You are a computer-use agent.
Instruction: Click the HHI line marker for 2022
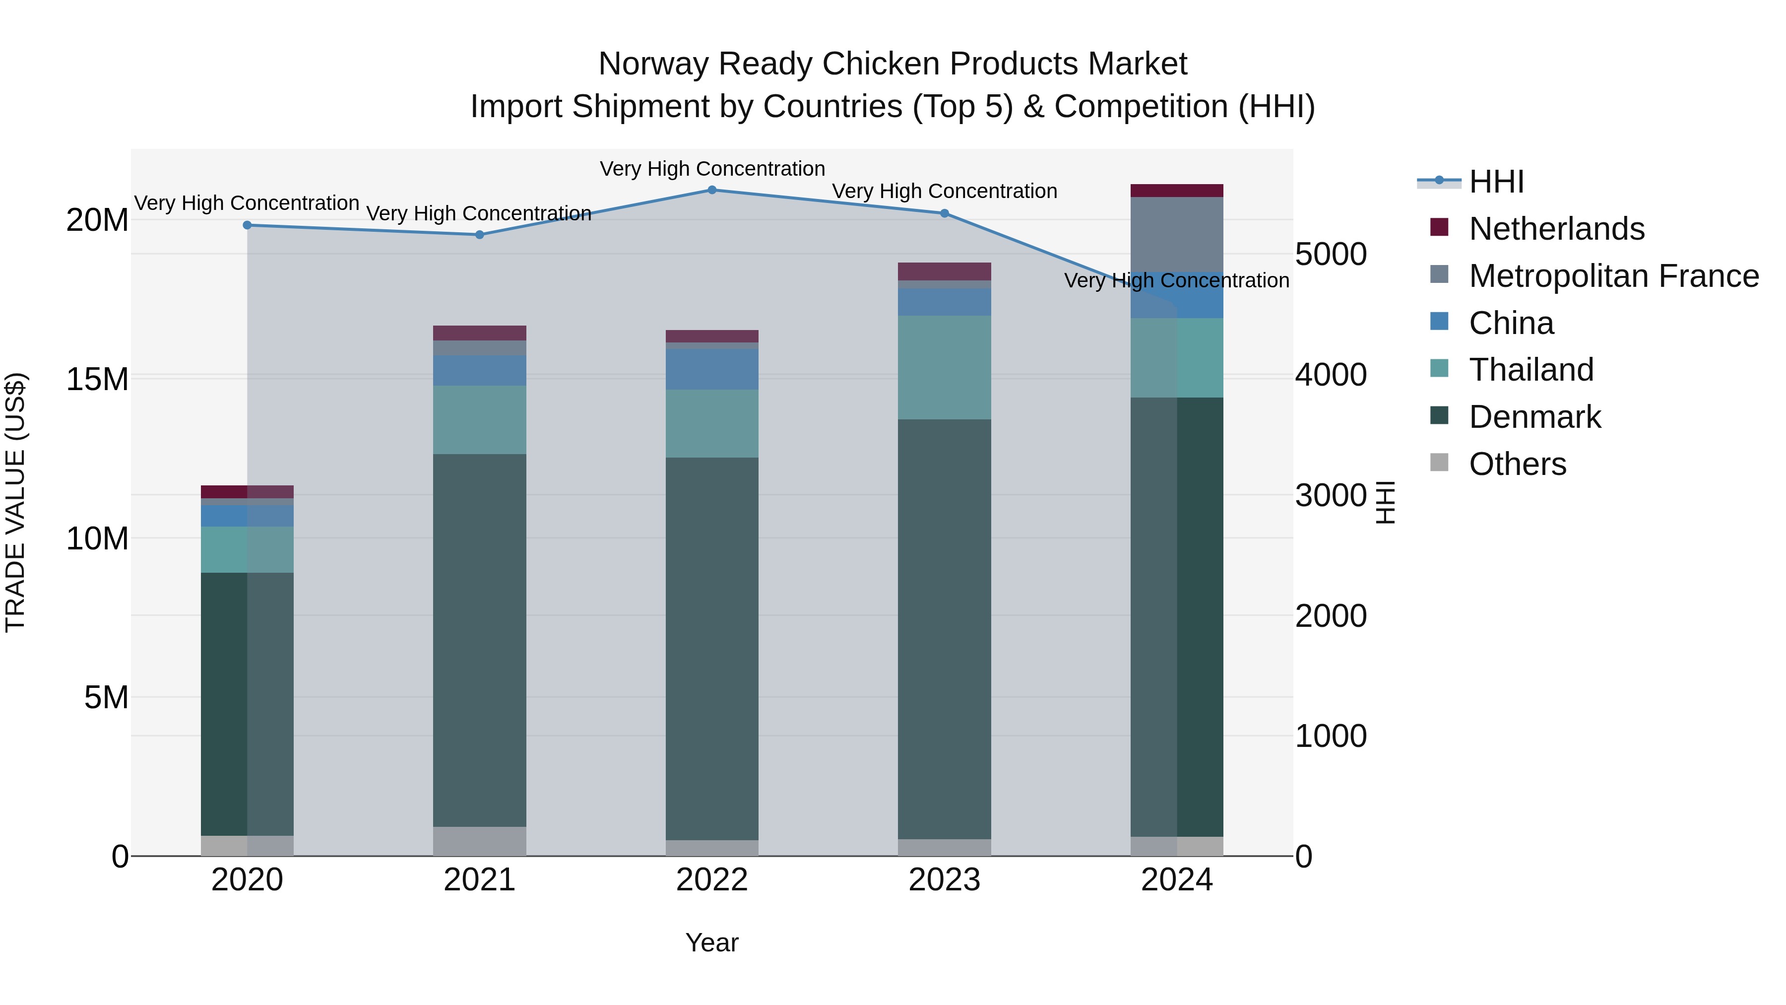click(x=712, y=190)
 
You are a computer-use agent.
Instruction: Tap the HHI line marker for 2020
click(x=248, y=225)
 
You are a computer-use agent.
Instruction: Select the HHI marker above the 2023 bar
click(x=944, y=213)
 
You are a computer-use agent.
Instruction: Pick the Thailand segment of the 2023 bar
click(x=944, y=368)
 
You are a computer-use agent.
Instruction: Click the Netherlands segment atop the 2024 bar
click(x=1177, y=191)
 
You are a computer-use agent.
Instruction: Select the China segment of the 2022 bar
click(x=712, y=369)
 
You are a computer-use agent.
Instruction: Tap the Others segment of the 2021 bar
click(x=480, y=841)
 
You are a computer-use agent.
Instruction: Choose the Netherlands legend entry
click(x=1556, y=229)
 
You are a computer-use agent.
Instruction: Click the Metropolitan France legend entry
click(x=1613, y=276)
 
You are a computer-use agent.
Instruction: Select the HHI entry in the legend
click(x=1496, y=182)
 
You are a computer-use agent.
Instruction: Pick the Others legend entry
click(x=1517, y=464)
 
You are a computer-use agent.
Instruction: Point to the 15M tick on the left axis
click(x=97, y=379)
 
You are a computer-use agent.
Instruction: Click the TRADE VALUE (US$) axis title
click(x=15, y=502)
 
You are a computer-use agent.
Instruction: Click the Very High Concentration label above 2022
click(x=712, y=169)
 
